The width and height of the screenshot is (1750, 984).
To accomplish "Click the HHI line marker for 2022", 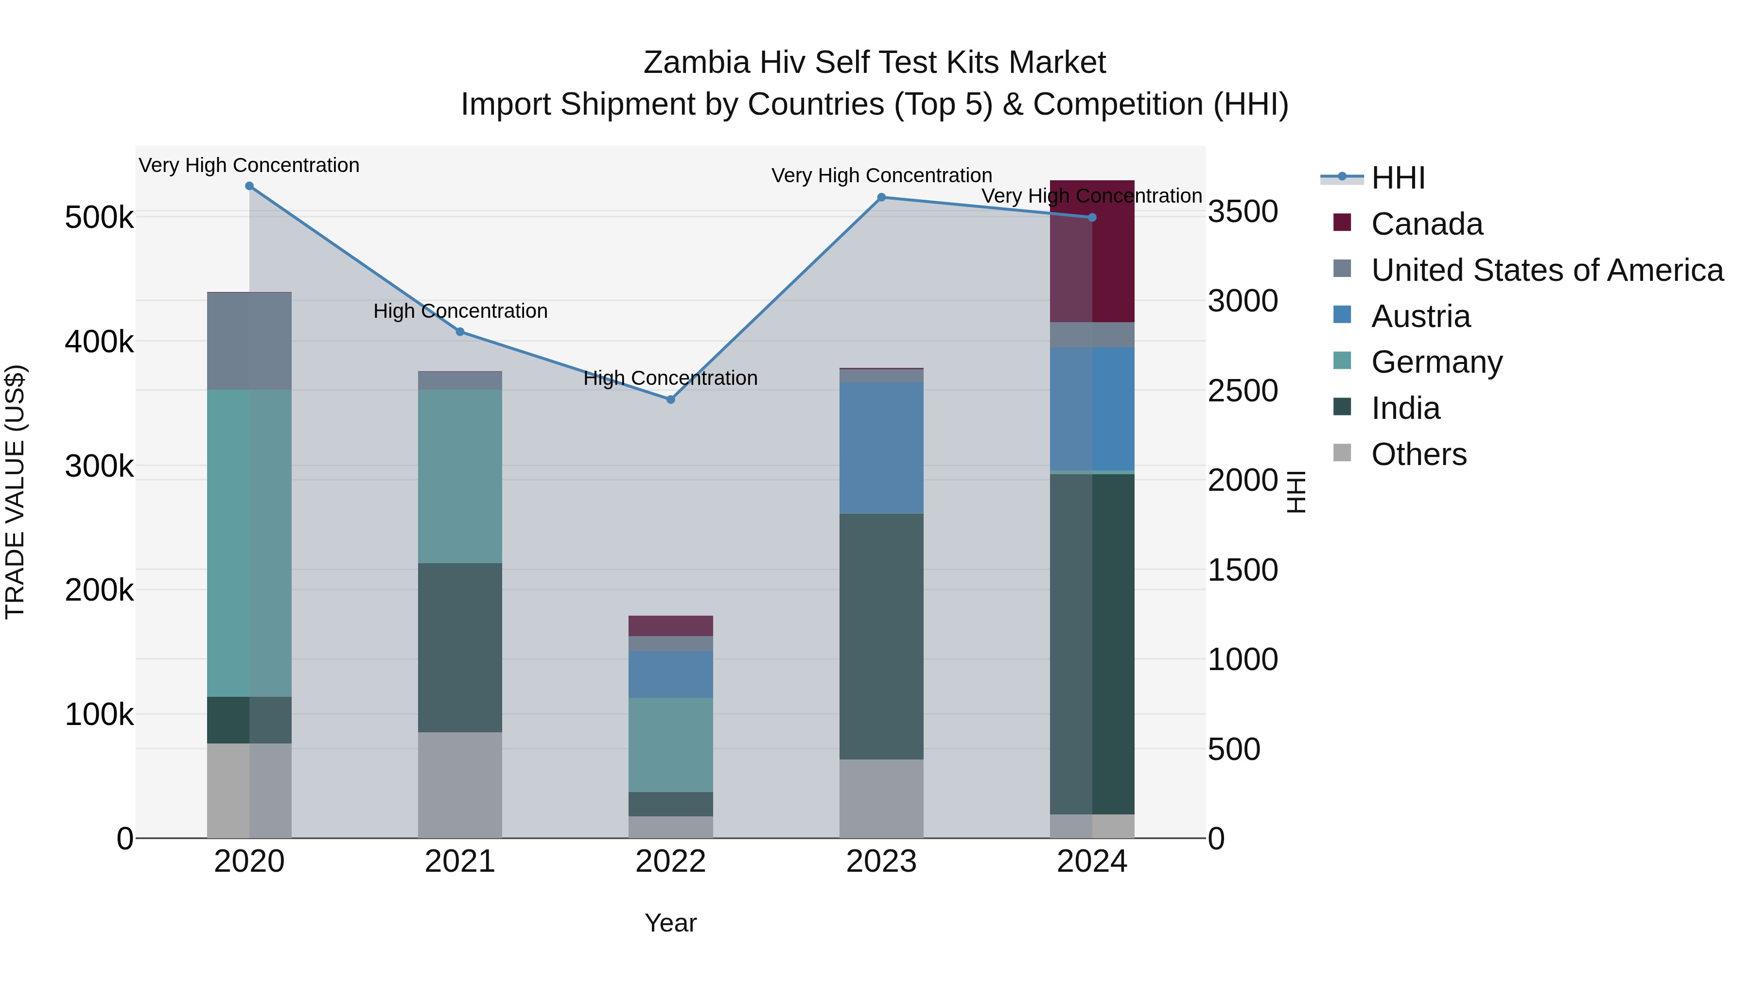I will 670,399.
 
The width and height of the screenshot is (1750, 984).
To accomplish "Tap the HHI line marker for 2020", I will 249,186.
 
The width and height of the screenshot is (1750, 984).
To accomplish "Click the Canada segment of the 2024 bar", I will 1092,251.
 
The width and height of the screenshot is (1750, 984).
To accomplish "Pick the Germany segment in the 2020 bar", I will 249,543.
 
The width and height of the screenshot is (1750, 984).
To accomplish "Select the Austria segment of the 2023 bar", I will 881,448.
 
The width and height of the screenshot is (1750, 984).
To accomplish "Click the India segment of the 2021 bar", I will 460,647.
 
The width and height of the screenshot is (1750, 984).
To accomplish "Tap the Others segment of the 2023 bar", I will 881,798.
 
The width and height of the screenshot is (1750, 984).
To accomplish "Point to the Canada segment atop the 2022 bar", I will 670,625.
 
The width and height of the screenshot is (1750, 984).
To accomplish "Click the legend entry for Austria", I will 1420,316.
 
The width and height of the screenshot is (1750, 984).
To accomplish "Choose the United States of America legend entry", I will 1547,270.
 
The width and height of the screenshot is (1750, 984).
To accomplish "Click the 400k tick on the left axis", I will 99,342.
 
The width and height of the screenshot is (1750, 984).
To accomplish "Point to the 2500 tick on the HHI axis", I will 1242,391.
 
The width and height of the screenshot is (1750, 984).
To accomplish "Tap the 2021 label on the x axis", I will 460,862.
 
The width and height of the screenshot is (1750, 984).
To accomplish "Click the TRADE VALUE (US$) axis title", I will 15,492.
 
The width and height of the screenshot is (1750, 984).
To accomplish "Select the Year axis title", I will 670,923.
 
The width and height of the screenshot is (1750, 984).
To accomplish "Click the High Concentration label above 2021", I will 460,311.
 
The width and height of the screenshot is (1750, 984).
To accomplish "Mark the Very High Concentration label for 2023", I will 881,175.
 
